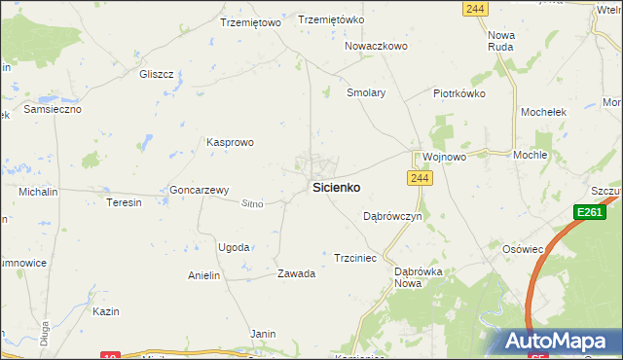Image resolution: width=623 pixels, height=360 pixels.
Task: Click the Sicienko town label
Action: [x=337, y=187]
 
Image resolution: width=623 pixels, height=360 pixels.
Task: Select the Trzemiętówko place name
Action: [x=331, y=19]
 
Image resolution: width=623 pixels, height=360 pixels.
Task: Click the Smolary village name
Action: [x=367, y=93]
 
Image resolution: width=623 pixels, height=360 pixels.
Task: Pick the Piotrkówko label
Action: [x=458, y=94]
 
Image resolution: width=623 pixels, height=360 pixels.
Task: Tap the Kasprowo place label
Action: [x=230, y=142]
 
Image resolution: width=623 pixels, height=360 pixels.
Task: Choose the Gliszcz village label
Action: [x=156, y=74]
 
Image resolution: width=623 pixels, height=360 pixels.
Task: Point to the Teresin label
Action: [x=125, y=202]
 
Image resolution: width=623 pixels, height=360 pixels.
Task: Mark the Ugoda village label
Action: [x=234, y=247]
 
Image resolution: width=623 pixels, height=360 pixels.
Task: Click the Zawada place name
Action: [x=297, y=273]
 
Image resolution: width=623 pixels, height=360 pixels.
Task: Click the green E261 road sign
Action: [x=589, y=212]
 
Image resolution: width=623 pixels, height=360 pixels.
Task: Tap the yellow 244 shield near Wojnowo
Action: [x=420, y=178]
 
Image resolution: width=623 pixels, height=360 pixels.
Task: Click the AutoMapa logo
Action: [x=559, y=342]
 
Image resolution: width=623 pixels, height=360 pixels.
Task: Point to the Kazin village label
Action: [x=106, y=311]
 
